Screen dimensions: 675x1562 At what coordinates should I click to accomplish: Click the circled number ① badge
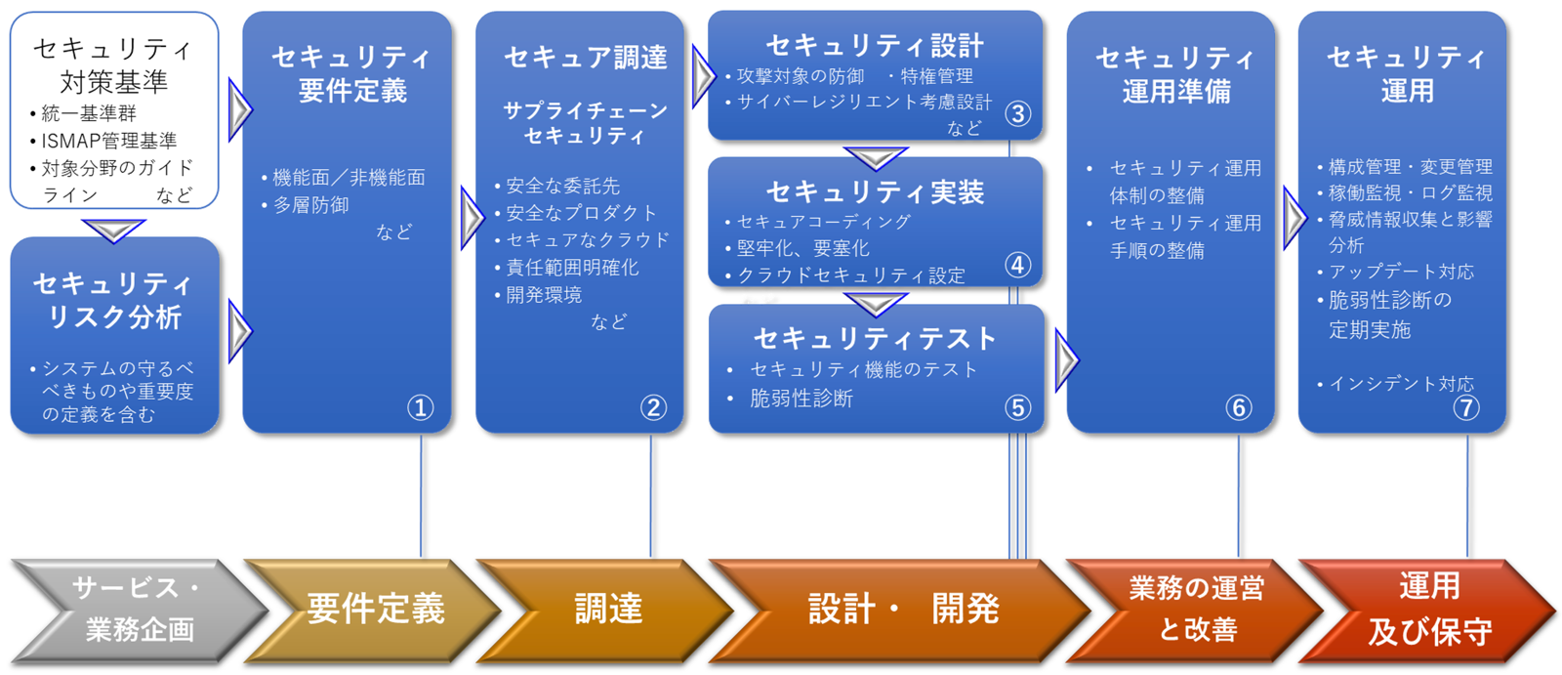coord(420,407)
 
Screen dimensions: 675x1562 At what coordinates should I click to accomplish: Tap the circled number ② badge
coord(652,407)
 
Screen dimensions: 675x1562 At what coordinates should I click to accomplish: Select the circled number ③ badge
coord(1017,114)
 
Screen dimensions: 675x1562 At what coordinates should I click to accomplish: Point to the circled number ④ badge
coord(1017,265)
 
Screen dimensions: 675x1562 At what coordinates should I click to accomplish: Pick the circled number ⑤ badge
coord(1017,407)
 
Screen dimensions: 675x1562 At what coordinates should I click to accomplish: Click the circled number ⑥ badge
coord(1238,407)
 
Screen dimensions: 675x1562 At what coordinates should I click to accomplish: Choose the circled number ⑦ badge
coord(1466,407)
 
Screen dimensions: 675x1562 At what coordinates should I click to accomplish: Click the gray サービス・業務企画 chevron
coord(137,610)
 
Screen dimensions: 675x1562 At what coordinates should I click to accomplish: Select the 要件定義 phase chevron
coord(375,610)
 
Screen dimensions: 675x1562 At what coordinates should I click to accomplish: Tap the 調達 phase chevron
coord(607,610)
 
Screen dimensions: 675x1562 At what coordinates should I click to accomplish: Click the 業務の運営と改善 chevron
coord(1197,610)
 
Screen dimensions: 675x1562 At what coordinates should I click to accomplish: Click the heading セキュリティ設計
coord(874,45)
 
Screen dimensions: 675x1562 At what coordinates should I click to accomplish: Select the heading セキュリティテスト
coord(875,338)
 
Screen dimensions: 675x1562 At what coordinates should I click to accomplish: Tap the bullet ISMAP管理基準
coord(108,141)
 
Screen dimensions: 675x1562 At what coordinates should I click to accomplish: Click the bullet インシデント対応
coord(1400,384)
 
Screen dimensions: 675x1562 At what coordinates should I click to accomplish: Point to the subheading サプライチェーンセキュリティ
coord(585,123)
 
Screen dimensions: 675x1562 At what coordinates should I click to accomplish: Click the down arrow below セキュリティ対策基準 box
coord(113,231)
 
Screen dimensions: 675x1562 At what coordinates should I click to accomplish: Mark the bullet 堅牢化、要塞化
coord(802,248)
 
